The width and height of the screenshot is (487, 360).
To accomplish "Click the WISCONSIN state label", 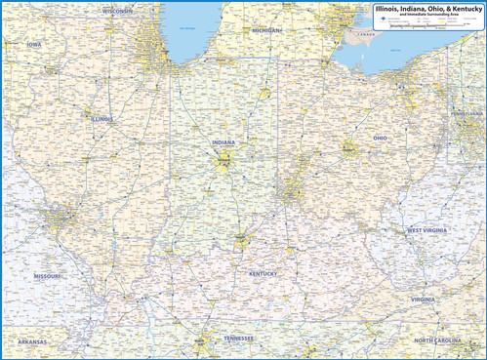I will [118, 12].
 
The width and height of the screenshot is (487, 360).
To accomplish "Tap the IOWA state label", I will [34, 44].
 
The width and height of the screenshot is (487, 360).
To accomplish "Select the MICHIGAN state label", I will [265, 30].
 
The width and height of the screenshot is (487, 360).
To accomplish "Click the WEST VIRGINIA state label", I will [427, 230].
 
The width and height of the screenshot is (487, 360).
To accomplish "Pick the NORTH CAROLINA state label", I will [438, 340].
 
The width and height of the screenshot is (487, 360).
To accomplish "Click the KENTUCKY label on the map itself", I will [263, 274].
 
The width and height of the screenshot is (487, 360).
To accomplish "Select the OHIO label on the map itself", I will [380, 138].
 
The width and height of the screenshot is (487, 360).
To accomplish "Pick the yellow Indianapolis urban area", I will [223, 161].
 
